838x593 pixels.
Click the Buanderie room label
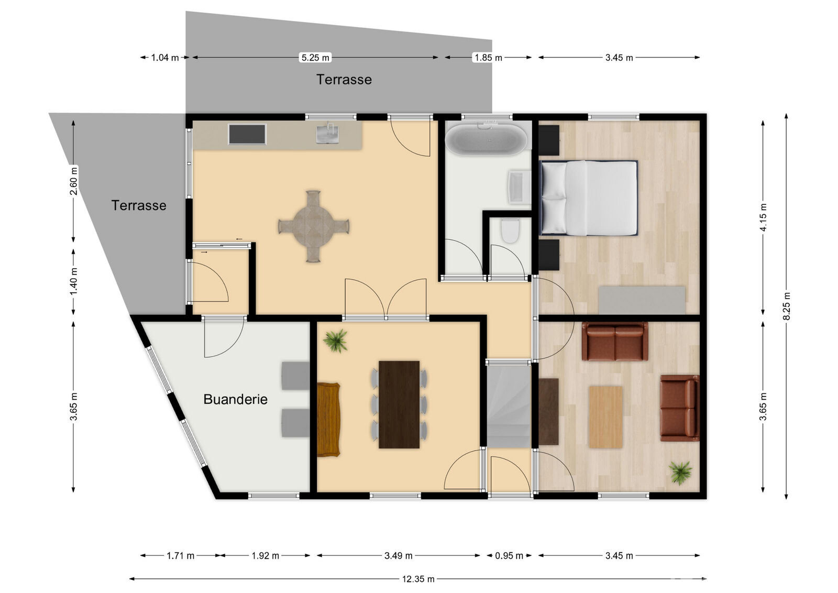pyautogui.click(x=235, y=399)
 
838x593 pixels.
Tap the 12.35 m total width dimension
pyautogui.click(x=417, y=579)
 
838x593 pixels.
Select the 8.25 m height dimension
pyautogui.click(x=786, y=306)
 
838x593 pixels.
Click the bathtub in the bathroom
pyautogui.click(x=486, y=139)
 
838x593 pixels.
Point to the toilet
pyautogui.click(x=510, y=231)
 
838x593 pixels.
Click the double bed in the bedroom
pyautogui.click(x=589, y=198)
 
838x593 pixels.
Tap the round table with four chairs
pyautogui.click(x=313, y=226)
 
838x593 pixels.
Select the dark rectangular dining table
pyautogui.click(x=399, y=404)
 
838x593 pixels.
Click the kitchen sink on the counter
pyautogui.click(x=328, y=134)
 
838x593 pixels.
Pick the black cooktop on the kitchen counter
pyautogui.click(x=247, y=134)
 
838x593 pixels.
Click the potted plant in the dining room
pyautogui.click(x=335, y=341)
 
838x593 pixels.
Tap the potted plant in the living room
pyautogui.click(x=681, y=472)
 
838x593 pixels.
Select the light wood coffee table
pyautogui.click(x=605, y=417)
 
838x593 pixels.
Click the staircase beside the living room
pyautogui.click(x=509, y=406)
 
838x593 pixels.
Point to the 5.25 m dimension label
pyautogui.click(x=315, y=58)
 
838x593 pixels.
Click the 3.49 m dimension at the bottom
pyautogui.click(x=398, y=555)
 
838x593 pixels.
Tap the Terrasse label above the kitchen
pyautogui.click(x=344, y=80)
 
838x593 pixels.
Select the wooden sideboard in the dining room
pyautogui.click(x=328, y=420)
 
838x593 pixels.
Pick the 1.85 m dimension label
pyautogui.click(x=488, y=58)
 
